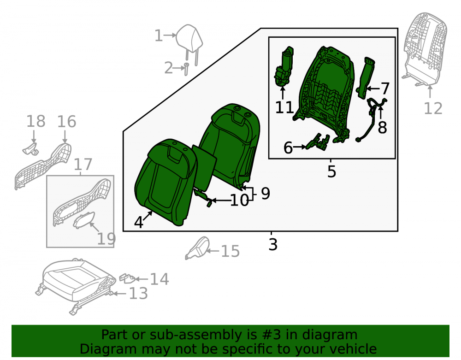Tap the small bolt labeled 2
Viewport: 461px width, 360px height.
click(x=186, y=69)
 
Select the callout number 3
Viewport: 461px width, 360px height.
click(x=273, y=244)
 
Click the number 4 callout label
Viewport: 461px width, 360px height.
click(x=138, y=222)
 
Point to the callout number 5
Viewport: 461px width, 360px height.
click(x=331, y=171)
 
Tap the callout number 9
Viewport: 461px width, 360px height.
click(x=265, y=194)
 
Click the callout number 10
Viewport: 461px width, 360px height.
click(x=240, y=201)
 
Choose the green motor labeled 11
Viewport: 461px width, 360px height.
click(x=284, y=66)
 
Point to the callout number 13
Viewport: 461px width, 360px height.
click(x=138, y=293)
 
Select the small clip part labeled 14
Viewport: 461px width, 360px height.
click(x=127, y=278)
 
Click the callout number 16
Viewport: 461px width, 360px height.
click(x=66, y=121)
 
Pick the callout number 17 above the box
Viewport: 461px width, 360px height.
click(x=83, y=164)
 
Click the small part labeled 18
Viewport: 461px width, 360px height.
click(x=30, y=149)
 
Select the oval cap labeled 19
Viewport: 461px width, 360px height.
click(x=84, y=220)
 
